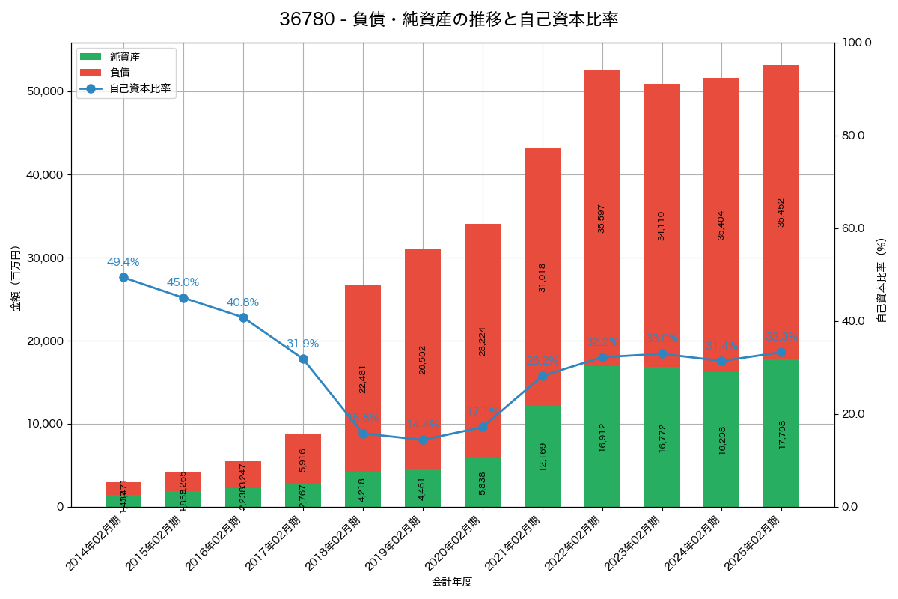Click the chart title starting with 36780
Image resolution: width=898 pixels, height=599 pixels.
tap(448, 19)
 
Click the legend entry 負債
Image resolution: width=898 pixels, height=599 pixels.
tap(120, 73)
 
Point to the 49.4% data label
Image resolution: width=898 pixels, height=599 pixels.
tap(123, 262)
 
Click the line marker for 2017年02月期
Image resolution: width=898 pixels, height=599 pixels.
tap(303, 359)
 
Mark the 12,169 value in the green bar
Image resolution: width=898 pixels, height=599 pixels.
tap(543, 456)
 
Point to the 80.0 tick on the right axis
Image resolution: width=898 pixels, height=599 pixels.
tap(853, 136)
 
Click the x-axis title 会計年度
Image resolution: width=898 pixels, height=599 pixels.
tap(452, 582)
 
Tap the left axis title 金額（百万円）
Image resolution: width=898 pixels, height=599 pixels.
tap(16, 278)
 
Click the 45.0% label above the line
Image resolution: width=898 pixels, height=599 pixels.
tap(183, 282)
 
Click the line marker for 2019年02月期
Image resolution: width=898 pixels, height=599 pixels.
tap(423, 440)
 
